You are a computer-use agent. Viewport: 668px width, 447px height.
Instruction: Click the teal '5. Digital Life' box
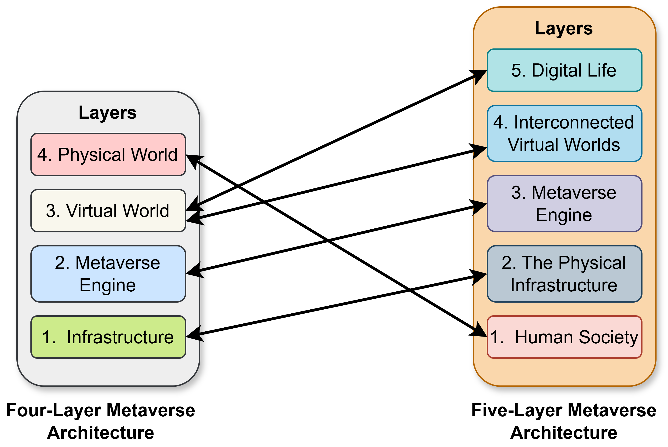coord(564,70)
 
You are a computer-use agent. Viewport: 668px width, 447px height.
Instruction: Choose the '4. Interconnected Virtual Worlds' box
coord(564,133)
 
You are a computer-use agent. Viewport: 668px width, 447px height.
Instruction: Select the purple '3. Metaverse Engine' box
coord(564,204)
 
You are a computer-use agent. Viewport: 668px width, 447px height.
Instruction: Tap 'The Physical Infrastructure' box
coord(564,274)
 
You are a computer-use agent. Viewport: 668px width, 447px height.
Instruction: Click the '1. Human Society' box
coord(564,337)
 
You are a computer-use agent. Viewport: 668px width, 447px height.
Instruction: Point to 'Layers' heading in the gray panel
coord(107,112)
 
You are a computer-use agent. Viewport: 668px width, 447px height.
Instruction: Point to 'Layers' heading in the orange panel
coord(563,28)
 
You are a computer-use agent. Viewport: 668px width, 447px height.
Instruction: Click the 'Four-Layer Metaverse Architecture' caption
coord(100,421)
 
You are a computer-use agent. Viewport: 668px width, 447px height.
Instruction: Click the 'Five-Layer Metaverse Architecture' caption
coord(563,421)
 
